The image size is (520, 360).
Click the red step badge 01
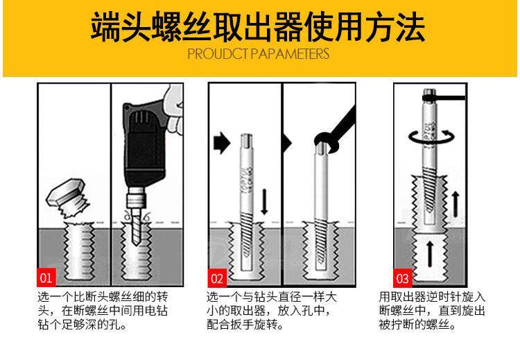[x=46, y=279]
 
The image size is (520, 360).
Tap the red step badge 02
[x=217, y=279]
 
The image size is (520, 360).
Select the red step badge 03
[x=403, y=279]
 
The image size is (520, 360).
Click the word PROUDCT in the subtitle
[x=216, y=55]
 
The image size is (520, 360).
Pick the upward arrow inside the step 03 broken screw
[x=429, y=254]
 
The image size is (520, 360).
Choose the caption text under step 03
[x=431, y=310]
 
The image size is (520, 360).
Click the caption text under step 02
[x=271, y=310]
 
